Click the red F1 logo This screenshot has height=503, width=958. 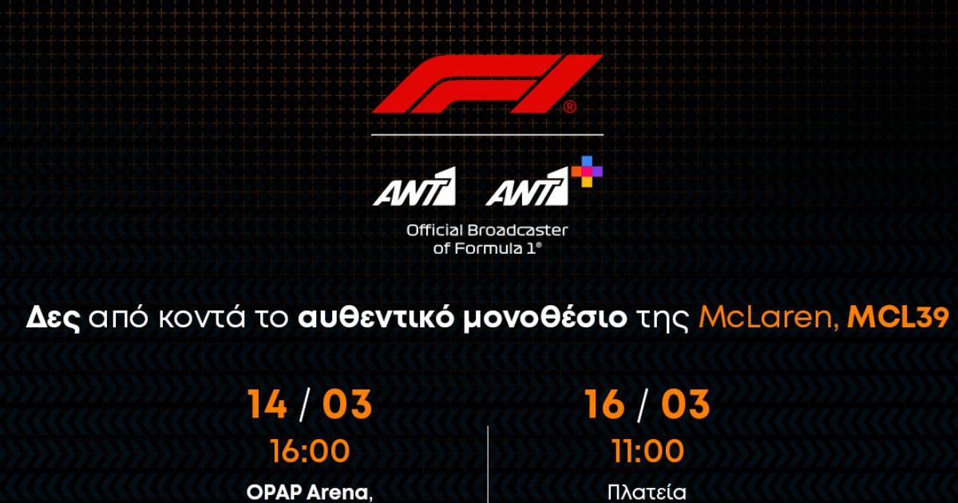tap(488, 84)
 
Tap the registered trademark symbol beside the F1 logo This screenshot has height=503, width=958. tap(569, 107)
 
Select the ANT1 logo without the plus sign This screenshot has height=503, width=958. tap(414, 187)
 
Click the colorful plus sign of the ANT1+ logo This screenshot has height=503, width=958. tap(587, 171)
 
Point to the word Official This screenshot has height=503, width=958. tap(434, 231)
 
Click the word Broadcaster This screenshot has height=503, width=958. tap(518, 231)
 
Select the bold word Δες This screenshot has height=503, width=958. tap(53, 319)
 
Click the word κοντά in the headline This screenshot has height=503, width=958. tap(202, 318)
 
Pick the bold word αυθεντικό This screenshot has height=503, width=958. tap(375, 318)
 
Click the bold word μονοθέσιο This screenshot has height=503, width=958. tap(544, 319)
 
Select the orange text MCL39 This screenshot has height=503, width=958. tap(897, 318)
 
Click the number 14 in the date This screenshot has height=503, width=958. tap(267, 404)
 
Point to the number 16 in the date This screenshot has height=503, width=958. tap(604, 404)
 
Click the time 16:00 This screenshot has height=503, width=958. tap(310, 451)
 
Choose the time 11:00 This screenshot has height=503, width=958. tap(647, 451)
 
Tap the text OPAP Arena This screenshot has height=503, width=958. tap(309, 493)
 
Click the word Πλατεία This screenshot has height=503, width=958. tap(647, 493)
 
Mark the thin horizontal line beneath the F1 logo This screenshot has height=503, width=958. tap(488, 135)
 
